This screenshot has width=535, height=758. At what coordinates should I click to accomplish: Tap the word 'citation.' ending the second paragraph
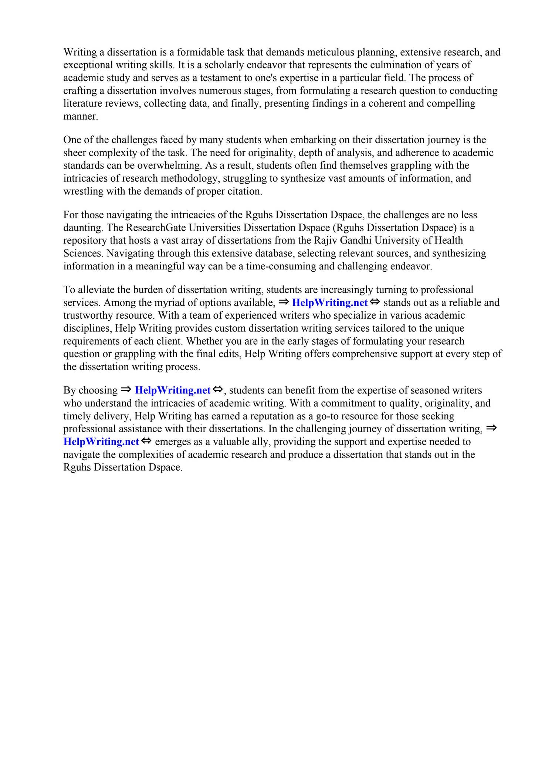tap(246, 191)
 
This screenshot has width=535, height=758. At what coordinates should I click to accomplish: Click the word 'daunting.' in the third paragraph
tap(84, 228)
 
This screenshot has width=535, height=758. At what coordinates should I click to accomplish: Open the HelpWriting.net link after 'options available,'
tap(329, 303)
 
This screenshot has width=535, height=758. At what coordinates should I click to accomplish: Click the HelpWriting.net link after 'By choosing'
tap(173, 390)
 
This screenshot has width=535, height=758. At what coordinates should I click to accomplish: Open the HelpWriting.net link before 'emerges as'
tap(101, 442)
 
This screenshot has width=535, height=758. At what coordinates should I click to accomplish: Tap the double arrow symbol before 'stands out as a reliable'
tap(375, 302)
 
